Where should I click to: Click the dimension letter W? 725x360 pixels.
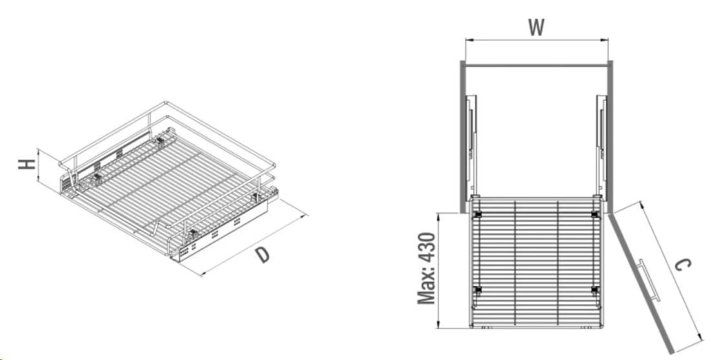click(536, 28)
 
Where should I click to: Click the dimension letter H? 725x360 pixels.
click(27, 164)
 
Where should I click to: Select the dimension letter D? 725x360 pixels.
click(262, 255)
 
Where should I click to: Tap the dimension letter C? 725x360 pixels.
click(682, 265)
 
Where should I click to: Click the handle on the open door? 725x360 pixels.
click(648, 281)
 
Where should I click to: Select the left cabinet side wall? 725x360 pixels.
click(463, 136)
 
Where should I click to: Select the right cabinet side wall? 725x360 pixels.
click(610, 136)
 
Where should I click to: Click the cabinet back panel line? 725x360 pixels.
click(536, 66)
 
